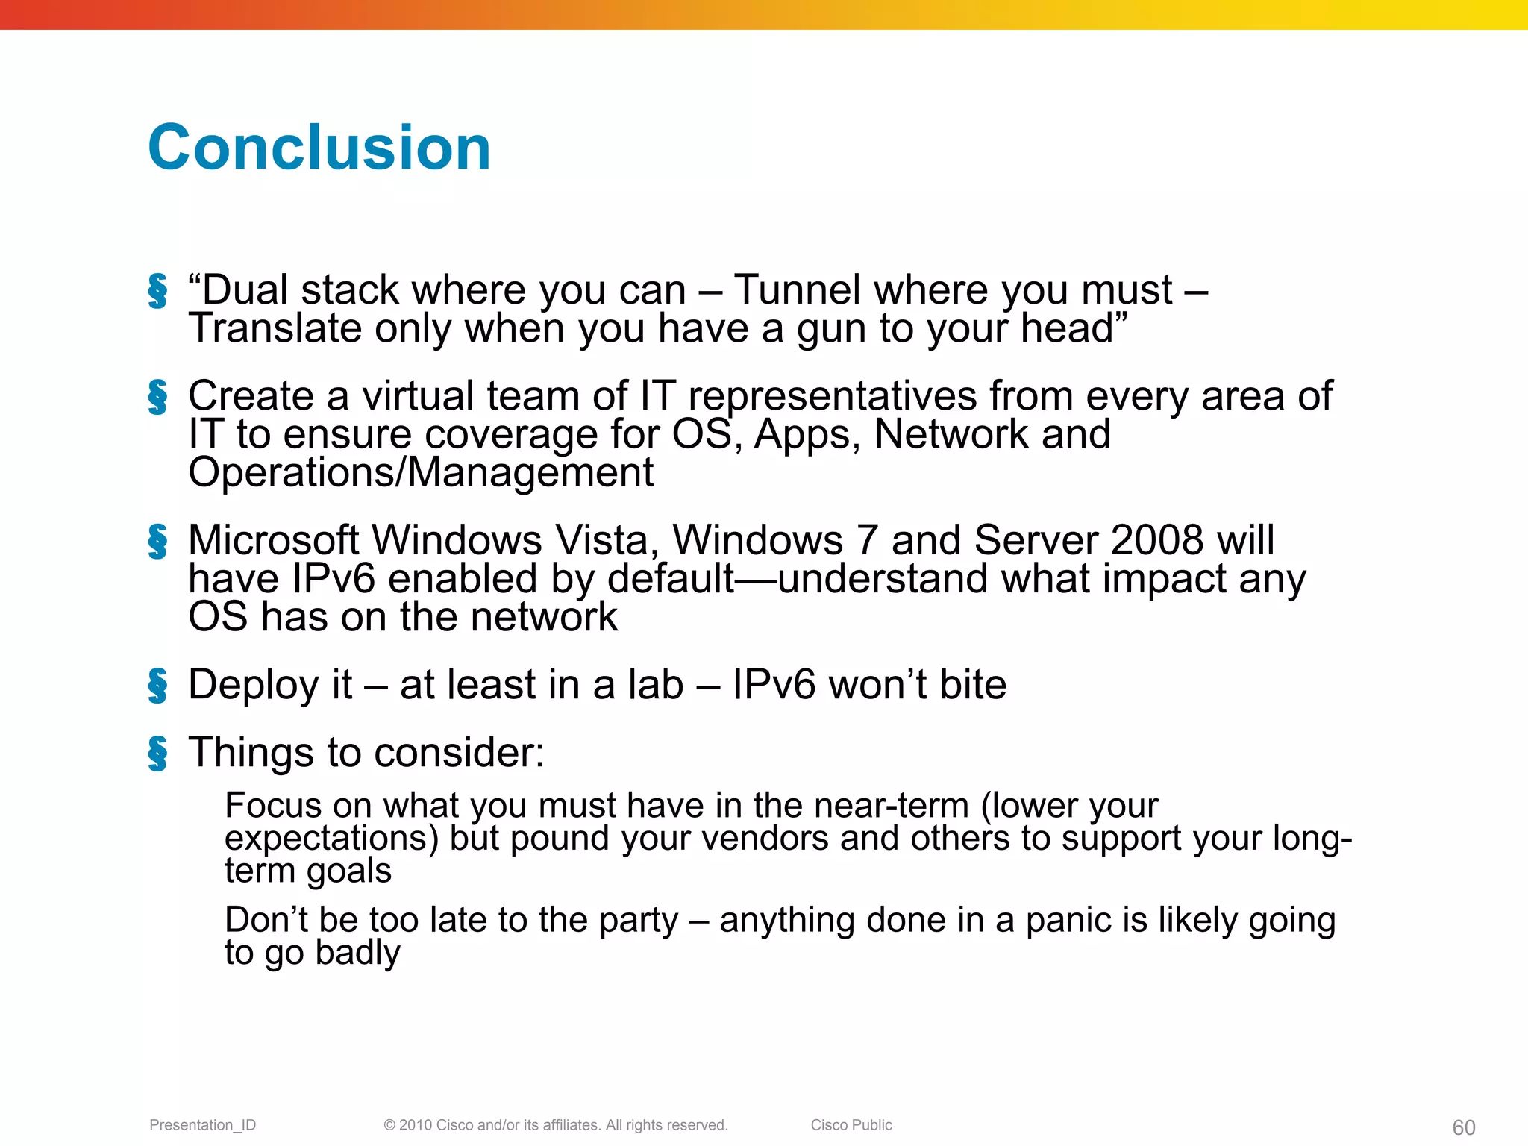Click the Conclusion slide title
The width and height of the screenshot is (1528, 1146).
point(319,148)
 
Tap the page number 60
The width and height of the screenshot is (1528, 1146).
point(1464,1127)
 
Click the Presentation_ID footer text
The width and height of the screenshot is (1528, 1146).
point(202,1125)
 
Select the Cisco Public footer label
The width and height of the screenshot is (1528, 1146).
point(851,1125)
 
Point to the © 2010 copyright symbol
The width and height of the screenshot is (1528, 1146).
point(389,1125)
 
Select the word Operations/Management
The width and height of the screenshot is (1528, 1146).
point(421,473)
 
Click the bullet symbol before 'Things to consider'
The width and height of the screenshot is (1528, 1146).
point(157,753)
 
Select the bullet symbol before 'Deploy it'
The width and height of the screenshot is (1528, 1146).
point(157,686)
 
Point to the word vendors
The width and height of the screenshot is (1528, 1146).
point(765,839)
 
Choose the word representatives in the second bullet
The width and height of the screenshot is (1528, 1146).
point(832,397)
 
